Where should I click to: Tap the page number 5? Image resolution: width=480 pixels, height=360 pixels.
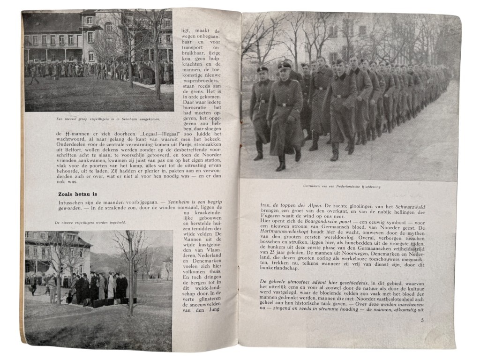422,320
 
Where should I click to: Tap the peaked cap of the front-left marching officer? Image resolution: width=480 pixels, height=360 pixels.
262,69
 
